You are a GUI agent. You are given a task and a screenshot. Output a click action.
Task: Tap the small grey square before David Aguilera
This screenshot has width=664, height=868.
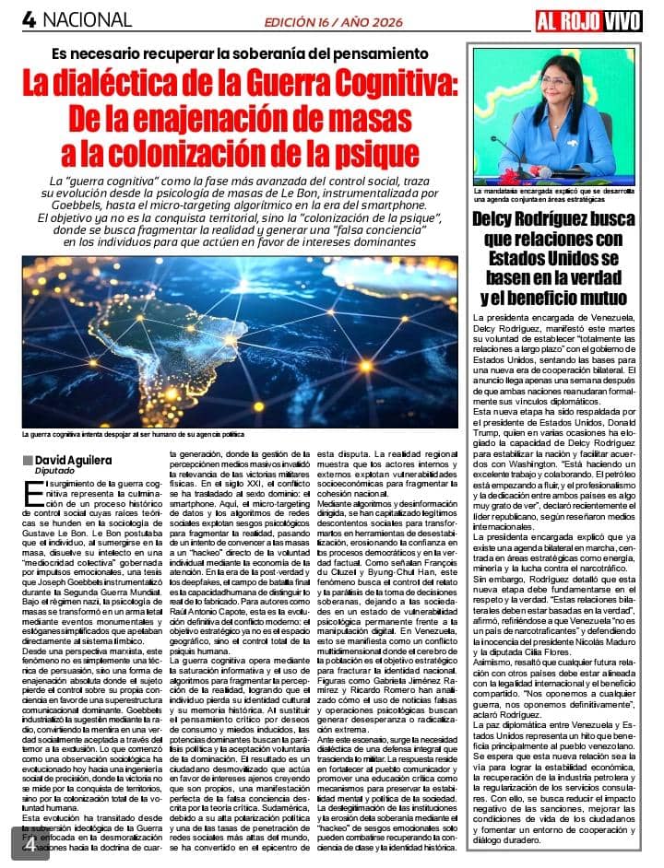coord(28,459)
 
